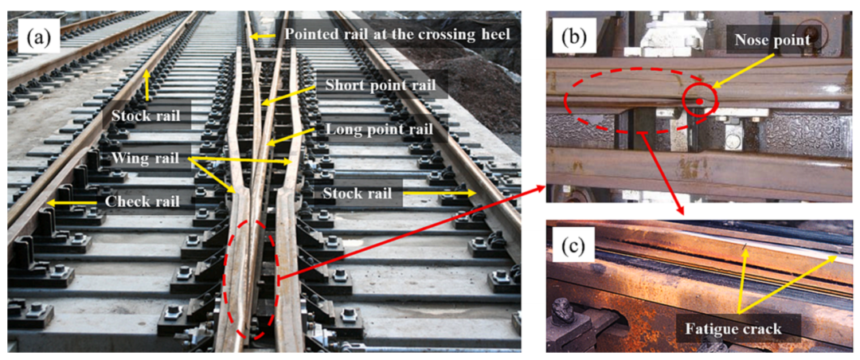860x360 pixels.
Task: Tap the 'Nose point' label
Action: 774,40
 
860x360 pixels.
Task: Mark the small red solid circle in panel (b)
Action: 699,102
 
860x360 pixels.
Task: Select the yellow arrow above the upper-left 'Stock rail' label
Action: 147,84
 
